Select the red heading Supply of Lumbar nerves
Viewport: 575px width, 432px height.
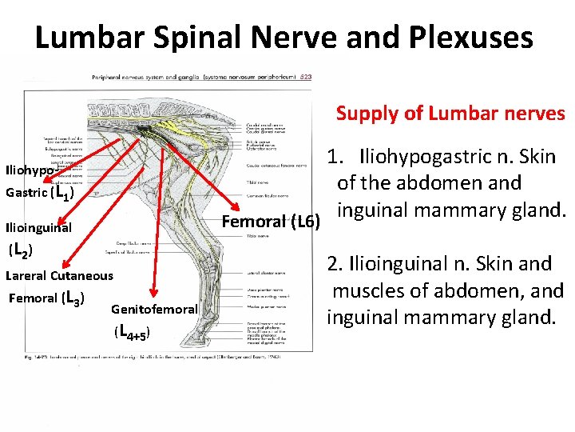click(x=450, y=114)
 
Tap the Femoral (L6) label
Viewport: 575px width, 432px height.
click(x=272, y=222)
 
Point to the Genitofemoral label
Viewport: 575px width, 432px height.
click(x=154, y=310)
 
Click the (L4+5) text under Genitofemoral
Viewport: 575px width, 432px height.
click(x=133, y=330)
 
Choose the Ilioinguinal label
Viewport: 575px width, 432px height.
click(x=38, y=228)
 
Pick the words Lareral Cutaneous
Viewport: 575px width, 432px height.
click(x=59, y=276)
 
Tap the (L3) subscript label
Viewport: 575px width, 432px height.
click(x=73, y=299)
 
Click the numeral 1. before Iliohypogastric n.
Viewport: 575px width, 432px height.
click(x=336, y=156)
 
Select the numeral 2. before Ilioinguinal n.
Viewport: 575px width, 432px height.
click(x=334, y=263)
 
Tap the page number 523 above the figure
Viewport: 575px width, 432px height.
click(x=306, y=77)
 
